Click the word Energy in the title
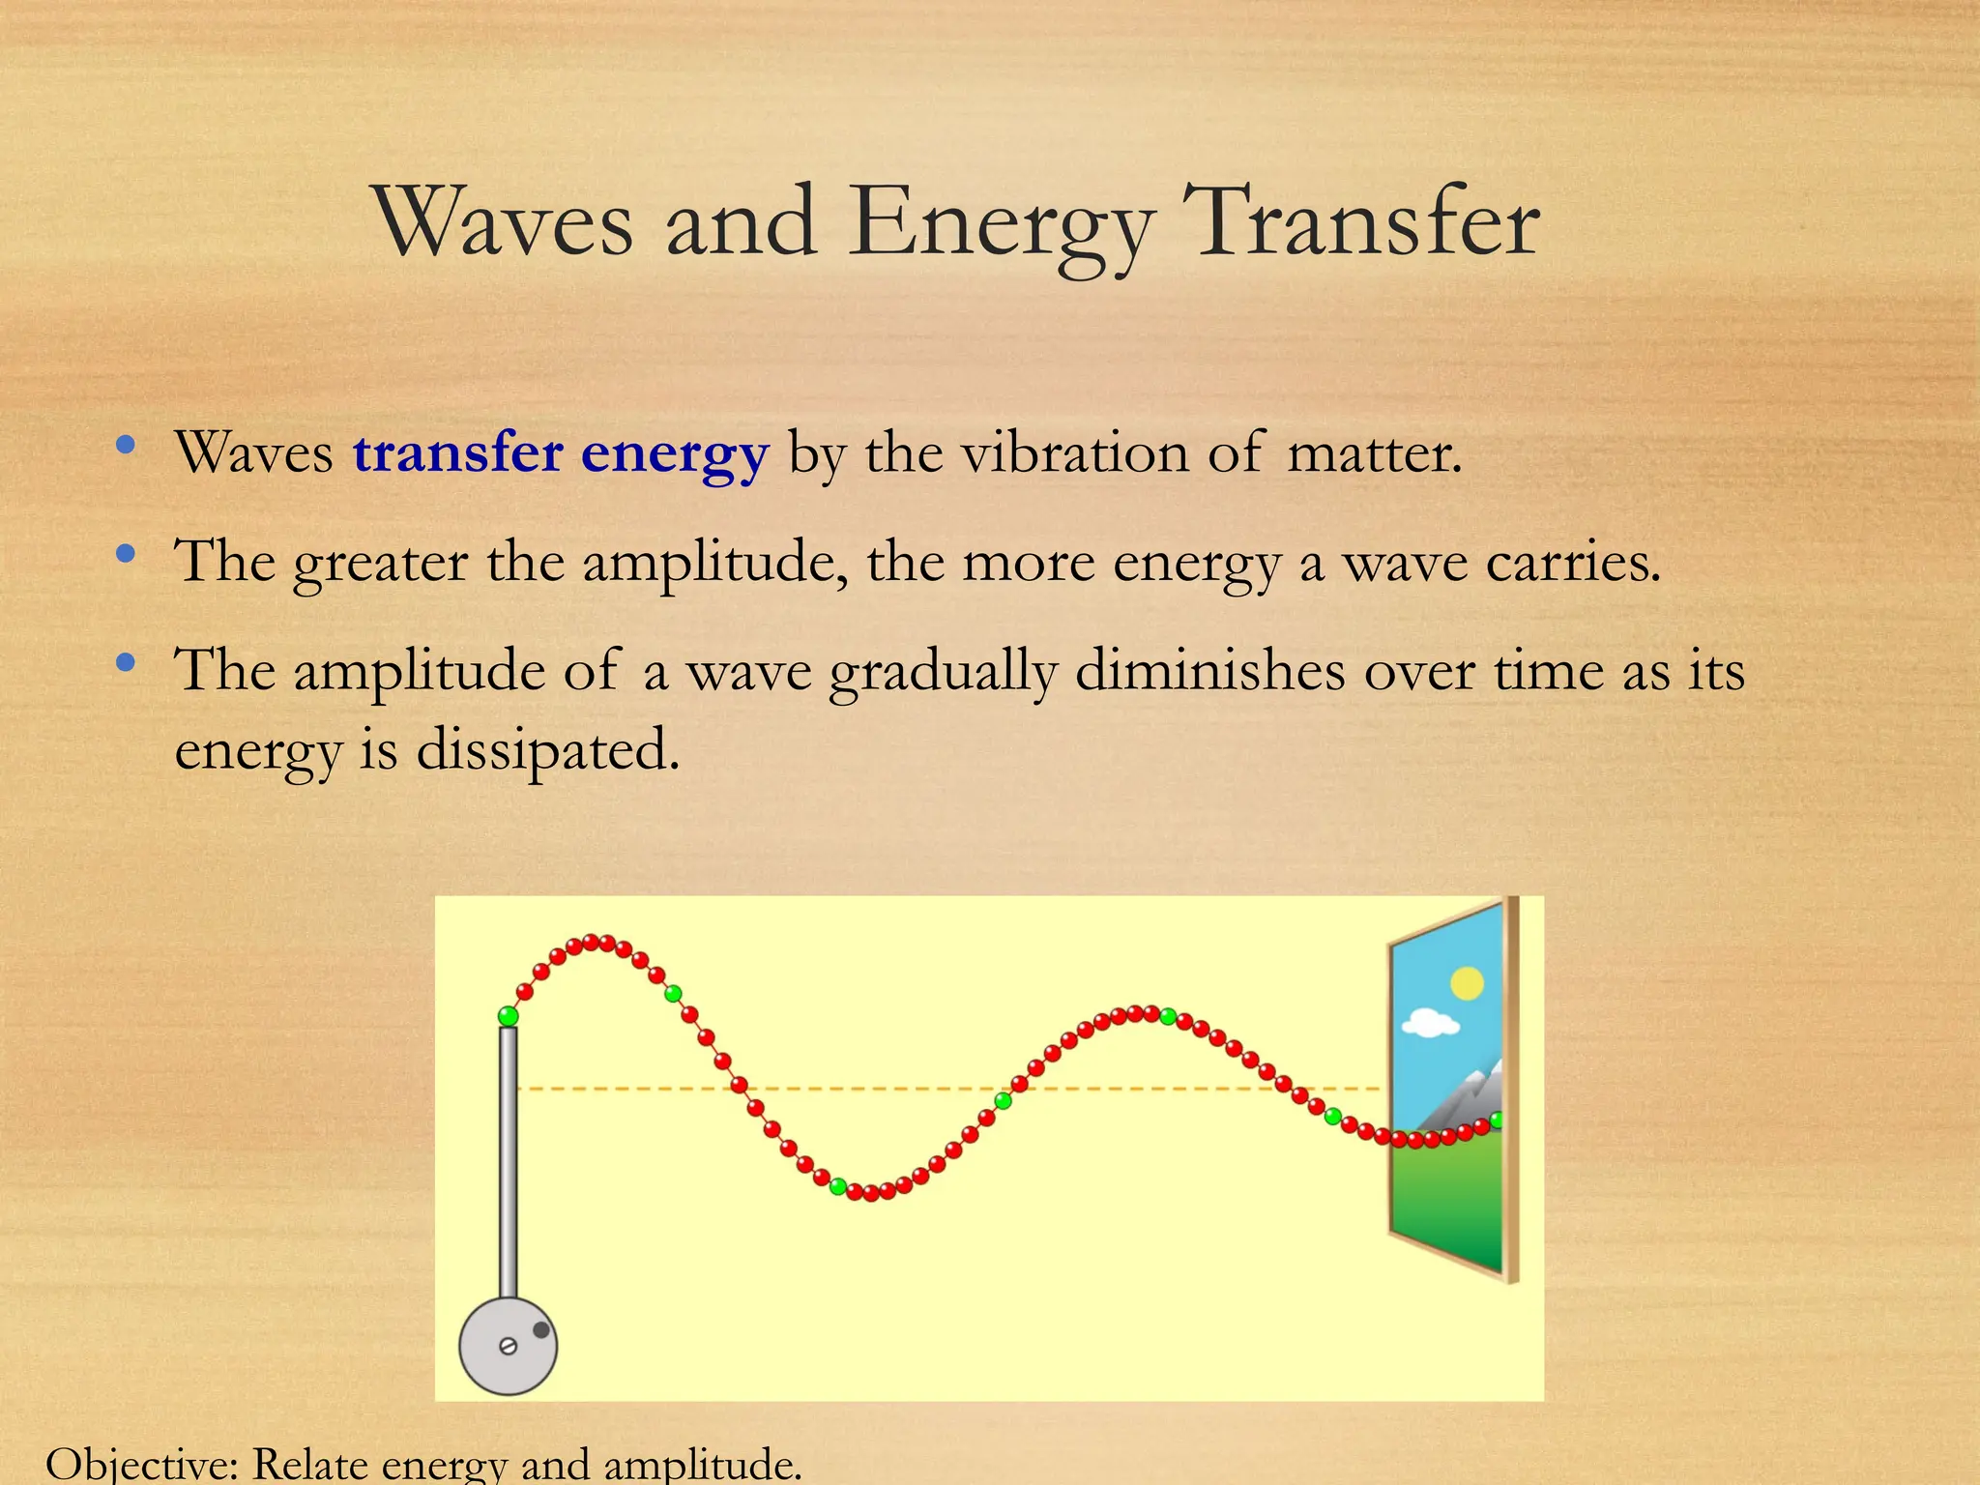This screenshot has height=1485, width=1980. pyautogui.click(x=1002, y=224)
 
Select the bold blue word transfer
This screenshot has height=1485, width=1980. pyautogui.click(x=457, y=452)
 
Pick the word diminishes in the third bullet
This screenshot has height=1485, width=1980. pyautogui.click(x=1209, y=670)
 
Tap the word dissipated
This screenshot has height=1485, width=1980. pyautogui.click(x=548, y=750)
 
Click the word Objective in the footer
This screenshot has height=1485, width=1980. pyautogui.click(x=141, y=1464)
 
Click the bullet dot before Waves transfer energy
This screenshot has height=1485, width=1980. pyautogui.click(x=125, y=446)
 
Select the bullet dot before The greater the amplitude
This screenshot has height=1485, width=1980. pyautogui.click(x=125, y=555)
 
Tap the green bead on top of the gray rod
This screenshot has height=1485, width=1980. pyautogui.click(x=508, y=1015)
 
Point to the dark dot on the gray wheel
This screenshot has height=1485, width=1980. pyautogui.click(x=541, y=1330)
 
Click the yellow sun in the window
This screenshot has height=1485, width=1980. pyautogui.click(x=1467, y=983)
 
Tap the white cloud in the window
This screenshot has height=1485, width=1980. pyautogui.click(x=1430, y=1022)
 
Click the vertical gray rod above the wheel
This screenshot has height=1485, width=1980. pyautogui.click(x=508, y=1160)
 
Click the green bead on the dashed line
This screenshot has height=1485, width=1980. pyautogui.click(x=1004, y=1100)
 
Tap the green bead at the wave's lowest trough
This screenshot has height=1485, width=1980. pyautogui.click(x=838, y=1186)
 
